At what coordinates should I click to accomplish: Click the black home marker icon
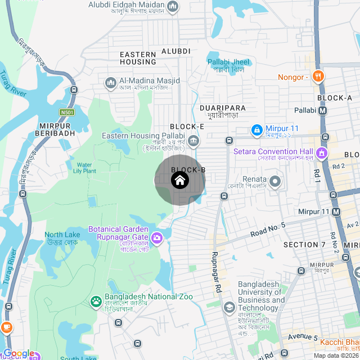179,181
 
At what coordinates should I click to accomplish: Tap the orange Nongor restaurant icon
318,77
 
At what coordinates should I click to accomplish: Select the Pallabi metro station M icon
322,111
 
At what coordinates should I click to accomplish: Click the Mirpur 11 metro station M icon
336,211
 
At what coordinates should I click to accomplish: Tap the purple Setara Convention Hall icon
321,152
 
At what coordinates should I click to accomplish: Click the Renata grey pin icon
275,181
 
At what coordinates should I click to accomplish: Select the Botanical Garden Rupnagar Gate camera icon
157,238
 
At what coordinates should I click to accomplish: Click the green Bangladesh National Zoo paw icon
96,301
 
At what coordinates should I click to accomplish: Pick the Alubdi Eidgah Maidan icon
173,7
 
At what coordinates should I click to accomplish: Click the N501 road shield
67,112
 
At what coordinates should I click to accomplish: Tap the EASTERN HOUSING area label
138,57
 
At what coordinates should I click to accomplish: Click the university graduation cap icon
229,307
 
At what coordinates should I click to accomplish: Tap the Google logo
18,353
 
